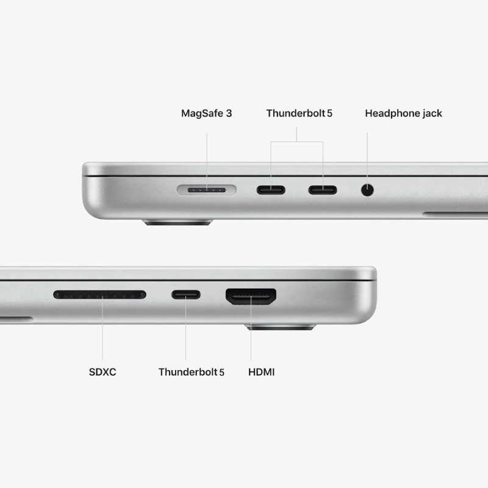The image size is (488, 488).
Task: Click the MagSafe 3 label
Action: pos(206,113)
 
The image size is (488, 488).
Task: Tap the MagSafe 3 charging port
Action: pos(206,190)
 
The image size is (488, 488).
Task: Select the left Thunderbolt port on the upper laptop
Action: pos(271,190)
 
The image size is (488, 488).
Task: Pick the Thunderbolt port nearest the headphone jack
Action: pos(322,190)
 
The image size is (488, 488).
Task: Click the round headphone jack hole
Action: pos(367,190)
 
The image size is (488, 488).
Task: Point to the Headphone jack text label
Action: pos(403,113)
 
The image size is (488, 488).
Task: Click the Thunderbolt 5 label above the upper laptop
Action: pos(299,113)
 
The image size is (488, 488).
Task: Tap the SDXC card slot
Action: pos(99,295)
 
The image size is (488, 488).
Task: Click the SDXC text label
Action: pos(102,371)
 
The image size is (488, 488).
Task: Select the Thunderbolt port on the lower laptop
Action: pos(185,295)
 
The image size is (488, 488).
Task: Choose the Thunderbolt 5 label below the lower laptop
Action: pos(191,371)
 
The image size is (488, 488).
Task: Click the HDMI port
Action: pos(251,296)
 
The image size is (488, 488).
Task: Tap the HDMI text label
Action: pos(262,371)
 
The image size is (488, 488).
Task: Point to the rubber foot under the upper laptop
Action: pos(178,223)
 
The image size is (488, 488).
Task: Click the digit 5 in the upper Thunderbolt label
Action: pos(329,113)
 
